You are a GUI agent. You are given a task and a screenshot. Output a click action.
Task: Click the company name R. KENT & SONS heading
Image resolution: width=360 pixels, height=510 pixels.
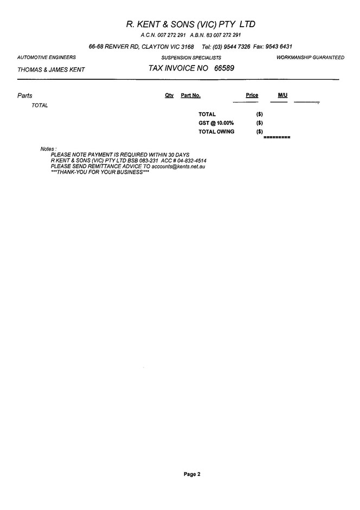[190, 24]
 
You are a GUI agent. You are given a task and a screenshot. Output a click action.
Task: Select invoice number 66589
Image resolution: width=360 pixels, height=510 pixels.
[224, 68]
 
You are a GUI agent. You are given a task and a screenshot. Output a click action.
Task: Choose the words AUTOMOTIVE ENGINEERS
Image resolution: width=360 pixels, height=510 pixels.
[47, 58]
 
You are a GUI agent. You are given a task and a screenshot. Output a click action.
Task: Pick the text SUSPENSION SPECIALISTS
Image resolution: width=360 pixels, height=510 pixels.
[191, 58]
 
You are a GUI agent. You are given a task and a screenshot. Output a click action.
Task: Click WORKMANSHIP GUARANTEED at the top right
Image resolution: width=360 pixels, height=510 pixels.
[310, 58]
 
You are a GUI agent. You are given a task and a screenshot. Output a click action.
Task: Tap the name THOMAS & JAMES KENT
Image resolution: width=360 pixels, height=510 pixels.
[51, 69]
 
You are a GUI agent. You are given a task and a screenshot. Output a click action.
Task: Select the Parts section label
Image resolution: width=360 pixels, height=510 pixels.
[25, 95]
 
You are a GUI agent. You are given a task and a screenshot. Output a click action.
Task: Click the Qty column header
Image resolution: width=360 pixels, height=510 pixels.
[169, 95]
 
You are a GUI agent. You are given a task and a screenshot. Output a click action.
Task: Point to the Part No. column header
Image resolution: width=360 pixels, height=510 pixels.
[190, 95]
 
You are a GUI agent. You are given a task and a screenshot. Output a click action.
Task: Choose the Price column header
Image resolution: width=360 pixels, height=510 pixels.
[252, 95]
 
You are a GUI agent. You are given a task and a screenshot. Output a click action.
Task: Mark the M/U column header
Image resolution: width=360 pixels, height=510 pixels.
[282, 95]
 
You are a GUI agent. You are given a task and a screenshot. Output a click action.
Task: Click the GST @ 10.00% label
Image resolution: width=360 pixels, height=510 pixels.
[216, 123]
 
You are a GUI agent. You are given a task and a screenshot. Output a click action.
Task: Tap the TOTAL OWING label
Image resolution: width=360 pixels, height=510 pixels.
[216, 132]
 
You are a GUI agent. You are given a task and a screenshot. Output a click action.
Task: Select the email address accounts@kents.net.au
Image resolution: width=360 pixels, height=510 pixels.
[178, 166]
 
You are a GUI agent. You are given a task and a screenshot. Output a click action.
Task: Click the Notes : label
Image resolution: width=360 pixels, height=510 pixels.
[48, 149]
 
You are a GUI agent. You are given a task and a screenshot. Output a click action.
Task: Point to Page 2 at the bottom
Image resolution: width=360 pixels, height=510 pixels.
[192, 474]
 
